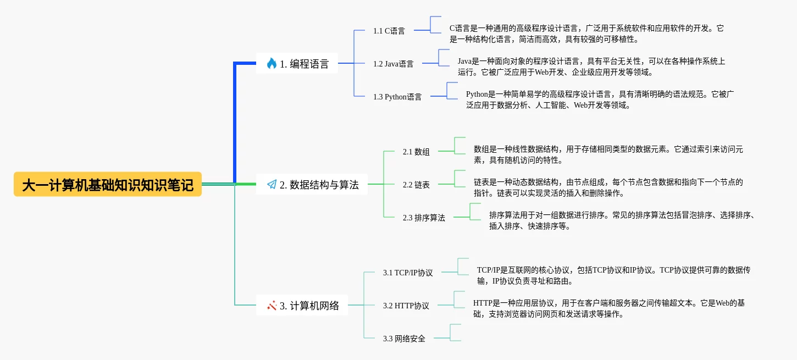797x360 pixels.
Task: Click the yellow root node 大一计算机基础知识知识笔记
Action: pos(108,184)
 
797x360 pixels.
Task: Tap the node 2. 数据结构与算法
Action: pos(312,185)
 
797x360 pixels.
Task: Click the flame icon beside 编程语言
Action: pos(271,63)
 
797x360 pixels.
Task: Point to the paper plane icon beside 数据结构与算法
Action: pos(272,185)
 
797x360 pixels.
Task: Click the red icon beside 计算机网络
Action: pos(272,305)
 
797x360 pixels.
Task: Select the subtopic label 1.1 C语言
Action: pos(389,31)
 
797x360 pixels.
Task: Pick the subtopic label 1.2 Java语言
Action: pos(393,64)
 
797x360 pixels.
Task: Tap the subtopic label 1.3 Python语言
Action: pos(397,97)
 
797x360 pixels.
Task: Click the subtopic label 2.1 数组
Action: pos(416,152)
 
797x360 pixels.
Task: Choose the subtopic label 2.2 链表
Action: pos(416,185)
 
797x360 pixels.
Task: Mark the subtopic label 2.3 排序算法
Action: pos(424,218)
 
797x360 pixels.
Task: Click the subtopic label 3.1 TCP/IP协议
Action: pos(408,273)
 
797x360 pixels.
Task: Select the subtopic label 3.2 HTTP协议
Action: pos(406,306)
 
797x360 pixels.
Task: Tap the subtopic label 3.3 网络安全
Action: pos(404,339)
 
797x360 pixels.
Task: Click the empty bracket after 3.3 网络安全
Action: pos(455,333)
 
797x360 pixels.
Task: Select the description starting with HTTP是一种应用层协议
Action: pos(608,308)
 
